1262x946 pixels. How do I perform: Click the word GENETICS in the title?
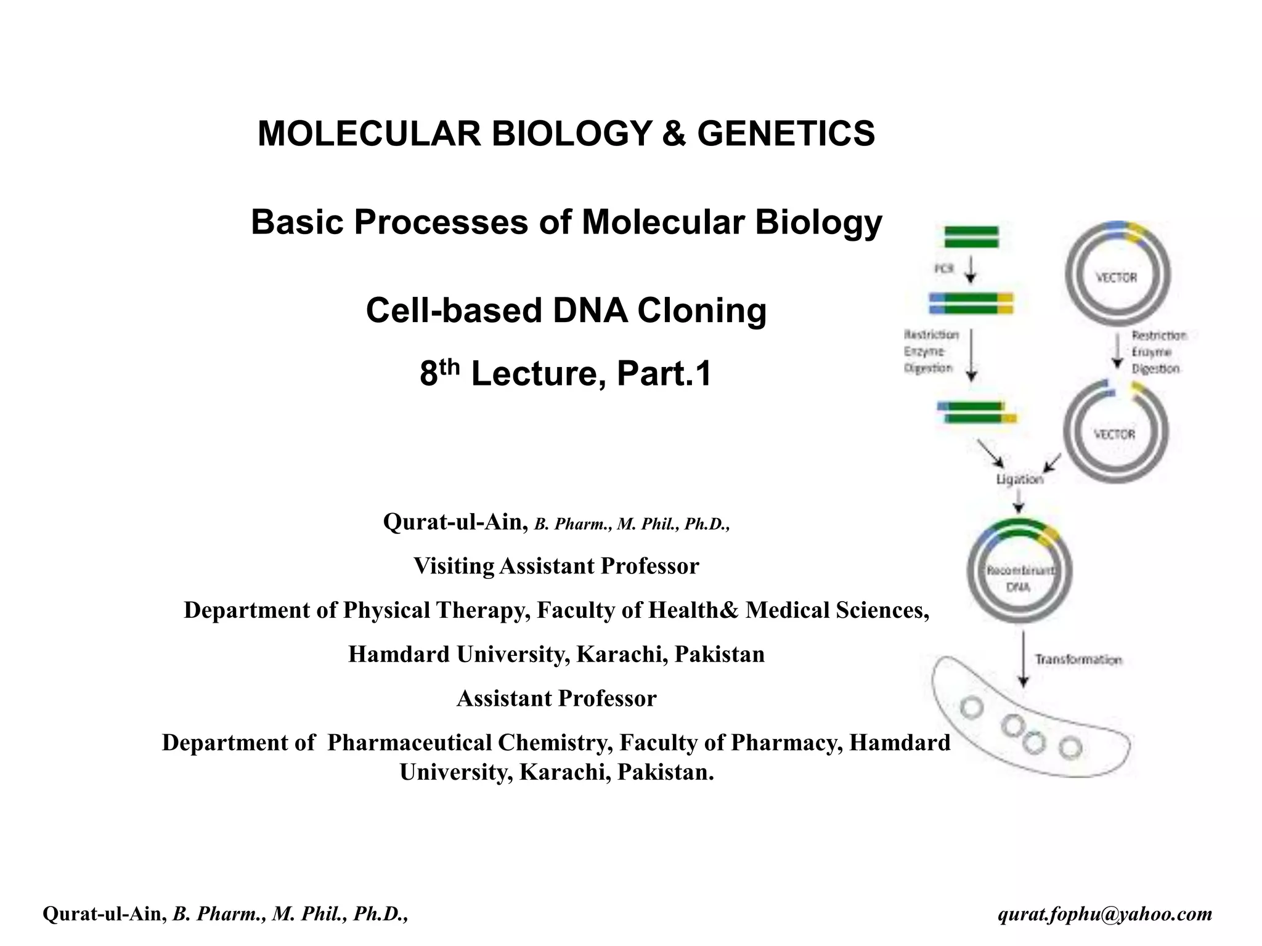click(786, 134)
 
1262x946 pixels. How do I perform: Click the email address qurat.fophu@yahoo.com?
click(1105, 913)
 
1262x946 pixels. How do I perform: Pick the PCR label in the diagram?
click(944, 269)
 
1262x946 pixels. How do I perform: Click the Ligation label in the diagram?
click(1020, 479)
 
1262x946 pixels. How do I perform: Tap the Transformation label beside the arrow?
click(1078, 660)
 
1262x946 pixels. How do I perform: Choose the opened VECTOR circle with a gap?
click(1115, 432)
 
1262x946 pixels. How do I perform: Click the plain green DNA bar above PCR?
click(971, 237)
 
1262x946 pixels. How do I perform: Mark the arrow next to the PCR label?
click(971, 270)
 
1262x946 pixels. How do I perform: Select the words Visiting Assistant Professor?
click(556, 566)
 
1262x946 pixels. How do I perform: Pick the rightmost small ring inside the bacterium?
click(1071, 748)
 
